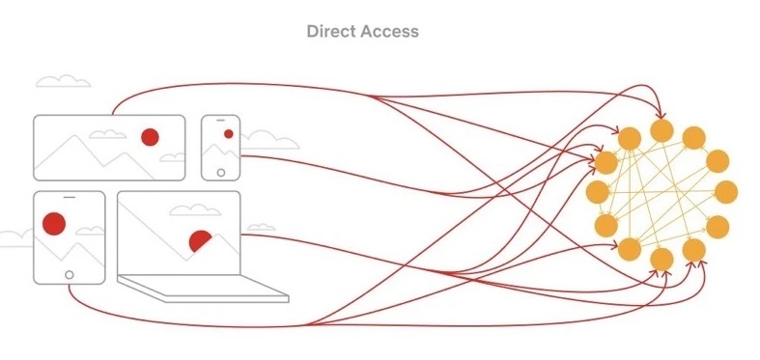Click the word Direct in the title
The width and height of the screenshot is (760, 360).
pyautogui.click(x=327, y=32)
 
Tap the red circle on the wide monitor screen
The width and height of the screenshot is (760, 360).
pyautogui.click(x=150, y=137)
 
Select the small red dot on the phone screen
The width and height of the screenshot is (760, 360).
pyautogui.click(x=228, y=134)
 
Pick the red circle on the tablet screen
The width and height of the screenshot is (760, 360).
pyautogui.click(x=54, y=224)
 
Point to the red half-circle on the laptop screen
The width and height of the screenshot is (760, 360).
pyautogui.click(x=200, y=240)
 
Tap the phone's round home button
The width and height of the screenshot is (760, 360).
pyautogui.click(x=221, y=173)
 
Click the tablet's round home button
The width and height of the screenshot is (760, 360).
pyautogui.click(x=70, y=275)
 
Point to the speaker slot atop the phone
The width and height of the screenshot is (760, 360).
pyautogui.click(x=220, y=120)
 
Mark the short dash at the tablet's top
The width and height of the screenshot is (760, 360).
pyautogui.click(x=70, y=197)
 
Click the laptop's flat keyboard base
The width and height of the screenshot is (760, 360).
pyautogui.click(x=203, y=289)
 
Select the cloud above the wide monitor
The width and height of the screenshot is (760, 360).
pyautogui.click(x=64, y=81)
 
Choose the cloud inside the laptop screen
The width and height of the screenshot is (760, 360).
pyautogui.click(x=195, y=209)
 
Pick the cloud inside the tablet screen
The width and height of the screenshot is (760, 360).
pyautogui.click(x=91, y=231)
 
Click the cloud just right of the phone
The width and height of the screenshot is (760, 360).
pyautogui.click(x=269, y=140)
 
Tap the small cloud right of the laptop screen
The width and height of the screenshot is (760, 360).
pyautogui.click(x=261, y=227)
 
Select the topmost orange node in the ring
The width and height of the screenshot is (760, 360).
pyautogui.click(x=661, y=131)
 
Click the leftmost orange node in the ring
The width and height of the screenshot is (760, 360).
pyautogui.click(x=597, y=192)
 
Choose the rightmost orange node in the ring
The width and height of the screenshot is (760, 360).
pyautogui.click(x=726, y=192)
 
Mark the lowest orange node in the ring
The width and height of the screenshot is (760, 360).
pyautogui.click(x=661, y=260)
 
